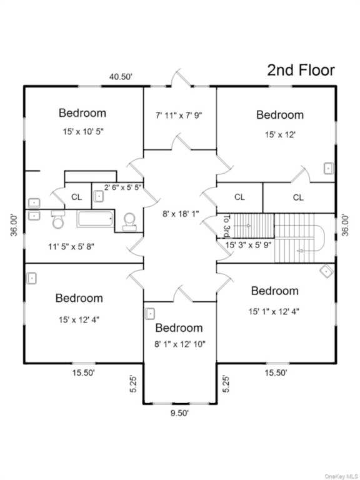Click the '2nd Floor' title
[x=301, y=70]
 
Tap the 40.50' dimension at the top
[x=121, y=76]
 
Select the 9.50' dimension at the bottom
[x=180, y=413]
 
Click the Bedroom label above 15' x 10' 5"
[x=82, y=112]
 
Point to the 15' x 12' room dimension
[x=280, y=134]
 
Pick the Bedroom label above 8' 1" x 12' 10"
[x=179, y=328]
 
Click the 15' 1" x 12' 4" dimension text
[x=274, y=312]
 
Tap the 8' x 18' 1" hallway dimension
[x=181, y=214]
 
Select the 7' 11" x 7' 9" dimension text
[x=179, y=116]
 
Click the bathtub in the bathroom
[x=95, y=219]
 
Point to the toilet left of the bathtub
[x=58, y=219]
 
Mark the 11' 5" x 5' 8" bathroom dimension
[x=71, y=246]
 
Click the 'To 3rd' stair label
[x=227, y=226]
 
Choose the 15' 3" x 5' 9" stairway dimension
[x=248, y=245]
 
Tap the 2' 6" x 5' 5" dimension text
[x=122, y=187]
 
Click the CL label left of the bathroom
[x=76, y=197]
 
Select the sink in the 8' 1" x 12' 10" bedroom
[x=150, y=314]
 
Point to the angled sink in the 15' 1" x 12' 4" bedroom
[x=327, y=271]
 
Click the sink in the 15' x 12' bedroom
[x=329, y=169]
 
